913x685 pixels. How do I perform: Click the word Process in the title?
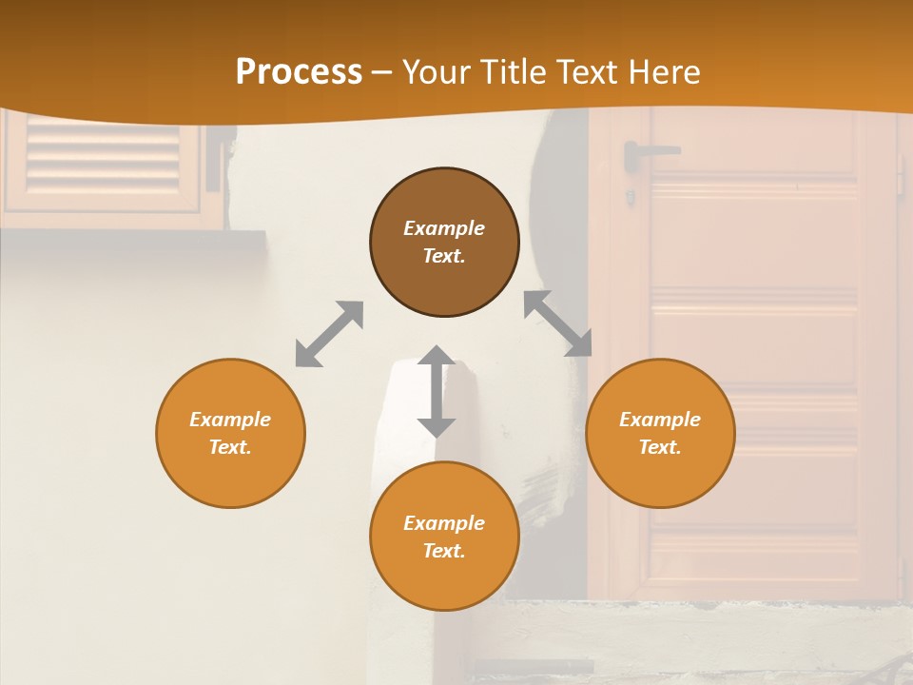tap(299, 72)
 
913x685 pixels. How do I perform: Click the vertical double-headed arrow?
tap(437, 391)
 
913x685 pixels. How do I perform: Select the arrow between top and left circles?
tap(329, 334)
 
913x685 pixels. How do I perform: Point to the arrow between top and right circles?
tap(557, 323)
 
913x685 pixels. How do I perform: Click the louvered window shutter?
tap(103, 158)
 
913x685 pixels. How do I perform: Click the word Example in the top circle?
tap(444, 228)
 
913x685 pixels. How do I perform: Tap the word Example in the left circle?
tap(230, 420)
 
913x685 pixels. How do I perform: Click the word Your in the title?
tap(436, 72)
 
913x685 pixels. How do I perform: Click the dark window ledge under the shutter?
tap(133, 239)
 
